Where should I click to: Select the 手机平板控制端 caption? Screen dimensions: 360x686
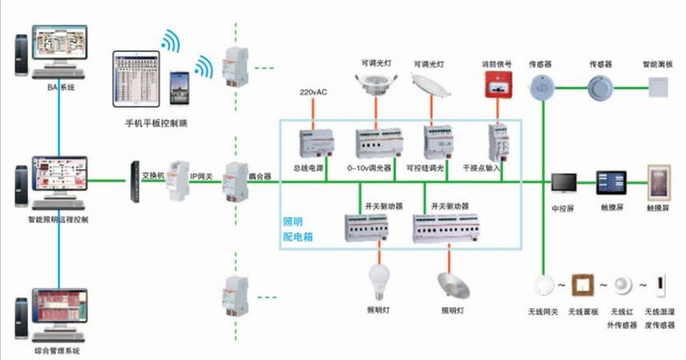click(157, 123)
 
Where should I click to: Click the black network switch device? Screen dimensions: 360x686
click(134, 182)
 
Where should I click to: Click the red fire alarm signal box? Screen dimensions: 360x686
click(496, 84)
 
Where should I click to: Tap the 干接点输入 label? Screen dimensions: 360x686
click(480, 169)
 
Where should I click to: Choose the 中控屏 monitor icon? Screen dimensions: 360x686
click(563, 182)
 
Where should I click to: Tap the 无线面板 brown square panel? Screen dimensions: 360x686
click(584, 286)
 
